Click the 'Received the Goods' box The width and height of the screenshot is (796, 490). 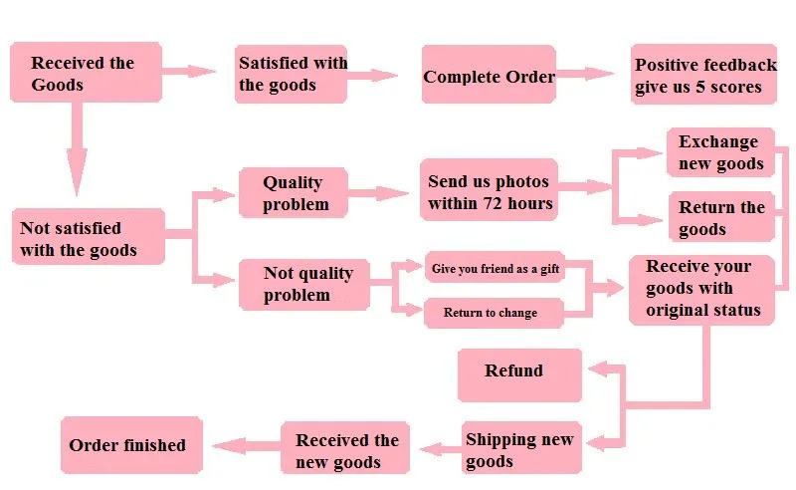86,72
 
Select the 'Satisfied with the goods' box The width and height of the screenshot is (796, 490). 291,75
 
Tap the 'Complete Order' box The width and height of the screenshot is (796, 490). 489,75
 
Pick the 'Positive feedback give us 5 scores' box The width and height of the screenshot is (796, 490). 703,75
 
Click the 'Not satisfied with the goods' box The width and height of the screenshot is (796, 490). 89,236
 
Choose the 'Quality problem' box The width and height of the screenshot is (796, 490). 294,192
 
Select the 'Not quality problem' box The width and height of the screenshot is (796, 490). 304,285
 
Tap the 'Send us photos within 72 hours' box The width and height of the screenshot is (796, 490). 489,189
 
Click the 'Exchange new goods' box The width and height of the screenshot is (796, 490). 720,152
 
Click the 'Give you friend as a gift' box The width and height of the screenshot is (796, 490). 495,267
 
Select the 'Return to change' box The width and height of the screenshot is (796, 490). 494,313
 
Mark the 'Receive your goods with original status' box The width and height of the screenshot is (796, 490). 701,290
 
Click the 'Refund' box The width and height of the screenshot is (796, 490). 519,375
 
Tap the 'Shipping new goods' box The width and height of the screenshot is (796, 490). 521,448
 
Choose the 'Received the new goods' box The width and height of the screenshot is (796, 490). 345,448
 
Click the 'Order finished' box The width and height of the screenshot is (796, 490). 132,445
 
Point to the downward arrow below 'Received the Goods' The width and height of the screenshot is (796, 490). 77,148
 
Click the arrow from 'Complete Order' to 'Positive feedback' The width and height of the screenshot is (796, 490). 585,73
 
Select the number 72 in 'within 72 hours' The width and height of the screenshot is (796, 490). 493,204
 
